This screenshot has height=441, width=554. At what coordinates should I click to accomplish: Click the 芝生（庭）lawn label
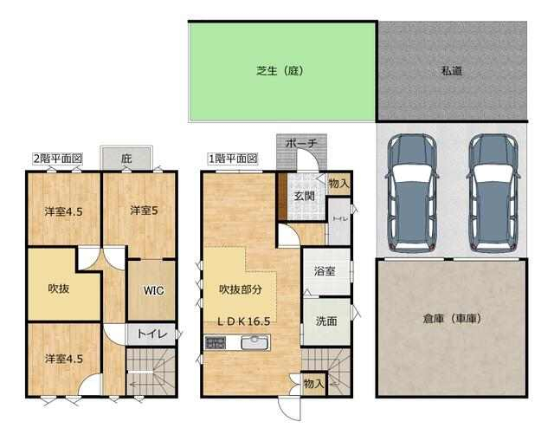pos(280,71)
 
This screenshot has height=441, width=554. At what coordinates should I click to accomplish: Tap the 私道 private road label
pos(452,71)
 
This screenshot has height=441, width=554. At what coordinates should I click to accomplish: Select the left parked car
pos(413,193)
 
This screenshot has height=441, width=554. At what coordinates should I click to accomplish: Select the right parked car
pos(493,193)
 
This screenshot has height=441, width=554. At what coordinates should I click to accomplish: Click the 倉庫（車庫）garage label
pos(452,319)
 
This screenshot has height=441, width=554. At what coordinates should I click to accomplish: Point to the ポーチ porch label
pos(301,143)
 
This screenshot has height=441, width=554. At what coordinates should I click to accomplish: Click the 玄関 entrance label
pos(304,196)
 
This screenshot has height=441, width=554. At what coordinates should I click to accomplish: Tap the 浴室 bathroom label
pos(325,271)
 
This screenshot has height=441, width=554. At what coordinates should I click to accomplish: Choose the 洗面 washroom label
pos(326,321)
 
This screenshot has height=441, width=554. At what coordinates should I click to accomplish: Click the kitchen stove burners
pos(215,343)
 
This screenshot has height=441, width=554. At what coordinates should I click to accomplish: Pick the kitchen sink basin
pos(254,342)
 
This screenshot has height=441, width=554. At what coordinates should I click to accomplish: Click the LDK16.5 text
pos(243,321)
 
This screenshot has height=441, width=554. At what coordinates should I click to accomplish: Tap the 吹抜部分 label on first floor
pos(241,289)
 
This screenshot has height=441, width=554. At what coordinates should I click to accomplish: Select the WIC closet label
pos(154,291)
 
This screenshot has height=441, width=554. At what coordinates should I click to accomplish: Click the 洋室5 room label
pos(145,211)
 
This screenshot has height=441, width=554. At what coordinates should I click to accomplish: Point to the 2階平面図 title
pos(57,159)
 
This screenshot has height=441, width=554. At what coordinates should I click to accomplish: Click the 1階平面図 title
pos(233,159)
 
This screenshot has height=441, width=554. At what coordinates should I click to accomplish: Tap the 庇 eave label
pos(126,158)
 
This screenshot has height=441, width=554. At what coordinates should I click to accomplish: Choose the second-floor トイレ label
pos(152,334)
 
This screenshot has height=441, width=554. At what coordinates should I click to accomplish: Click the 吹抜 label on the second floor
pos(59,289)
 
